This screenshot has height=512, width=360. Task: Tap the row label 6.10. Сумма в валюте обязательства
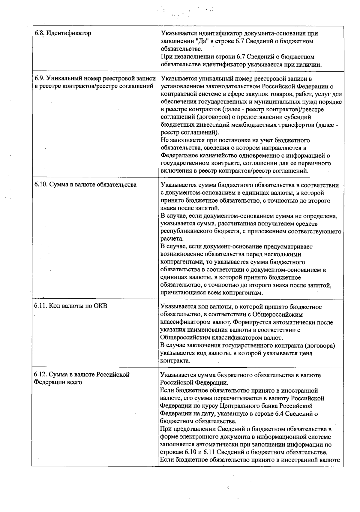[x=85, y=185]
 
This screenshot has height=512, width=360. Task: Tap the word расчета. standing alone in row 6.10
[x=172, y=239]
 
